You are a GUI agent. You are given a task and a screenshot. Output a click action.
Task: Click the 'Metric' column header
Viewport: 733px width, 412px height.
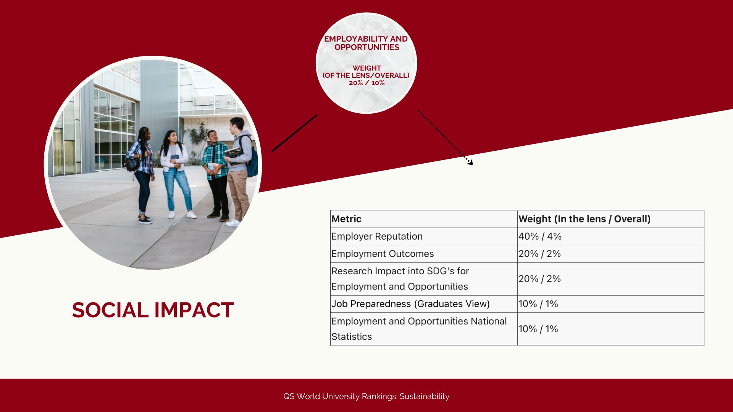[346, 219]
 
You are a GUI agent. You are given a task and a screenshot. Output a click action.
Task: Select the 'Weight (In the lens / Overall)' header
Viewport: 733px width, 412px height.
[584, 219]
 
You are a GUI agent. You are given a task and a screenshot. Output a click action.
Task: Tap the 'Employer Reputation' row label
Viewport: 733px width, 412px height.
[377, 237]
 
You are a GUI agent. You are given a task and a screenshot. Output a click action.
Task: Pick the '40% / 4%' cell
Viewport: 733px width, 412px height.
[540, 237]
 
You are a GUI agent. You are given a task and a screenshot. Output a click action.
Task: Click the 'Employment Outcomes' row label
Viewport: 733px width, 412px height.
[383, 254]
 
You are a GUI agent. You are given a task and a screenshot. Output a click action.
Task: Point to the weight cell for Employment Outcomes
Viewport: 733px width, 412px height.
[539, 254]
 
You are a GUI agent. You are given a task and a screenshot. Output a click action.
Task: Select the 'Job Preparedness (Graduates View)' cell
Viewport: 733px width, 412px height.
[410, 304]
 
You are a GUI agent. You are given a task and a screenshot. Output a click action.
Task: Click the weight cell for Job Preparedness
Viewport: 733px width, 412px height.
[538, 304]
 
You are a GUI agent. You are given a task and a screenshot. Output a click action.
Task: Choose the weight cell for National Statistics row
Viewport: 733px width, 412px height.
[538, 329]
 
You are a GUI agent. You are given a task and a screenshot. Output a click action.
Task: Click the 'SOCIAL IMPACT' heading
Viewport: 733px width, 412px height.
[153, 310]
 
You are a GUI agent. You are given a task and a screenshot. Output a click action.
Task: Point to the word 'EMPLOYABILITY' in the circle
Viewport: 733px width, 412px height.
[355, 39]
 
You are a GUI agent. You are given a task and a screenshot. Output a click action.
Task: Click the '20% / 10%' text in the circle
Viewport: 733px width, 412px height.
[366, 83]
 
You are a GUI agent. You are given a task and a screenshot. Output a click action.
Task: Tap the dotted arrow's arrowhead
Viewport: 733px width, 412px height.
[470, 162]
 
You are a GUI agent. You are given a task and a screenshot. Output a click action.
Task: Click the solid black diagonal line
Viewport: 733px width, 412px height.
[294, 133]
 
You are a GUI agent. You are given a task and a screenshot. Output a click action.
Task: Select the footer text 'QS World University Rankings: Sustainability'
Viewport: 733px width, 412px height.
[366, 396]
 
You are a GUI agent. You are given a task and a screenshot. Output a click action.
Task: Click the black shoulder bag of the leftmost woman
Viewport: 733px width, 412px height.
[132, 163]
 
